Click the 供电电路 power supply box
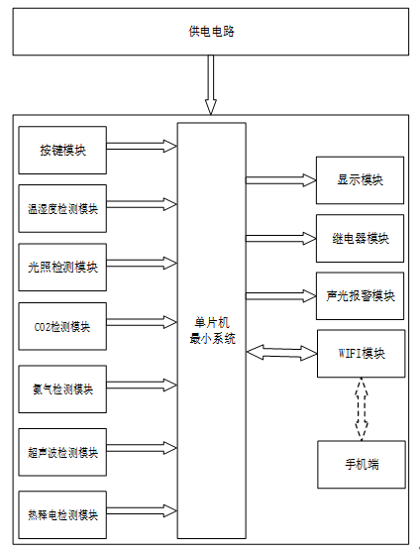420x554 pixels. tap(211, 32)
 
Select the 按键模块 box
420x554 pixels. tap(62, 151)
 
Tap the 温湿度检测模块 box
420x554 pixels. tap(62, 208)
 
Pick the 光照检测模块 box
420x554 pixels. tap(62, 268)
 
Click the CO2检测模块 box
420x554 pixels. tap(62, 326)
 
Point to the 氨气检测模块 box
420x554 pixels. tap(62, 389)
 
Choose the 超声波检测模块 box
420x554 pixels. tap(62, 452)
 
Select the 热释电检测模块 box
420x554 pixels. tap(62, 514)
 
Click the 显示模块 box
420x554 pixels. tap(360, 180)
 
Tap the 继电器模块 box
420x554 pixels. tap(360, 239)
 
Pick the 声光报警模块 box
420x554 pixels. tap(360, 296)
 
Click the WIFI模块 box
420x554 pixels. tap(361, 354)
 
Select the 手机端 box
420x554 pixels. tap(362, 464)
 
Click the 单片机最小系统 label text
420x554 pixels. tap(212, 331)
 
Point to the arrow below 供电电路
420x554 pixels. tap(211, 85)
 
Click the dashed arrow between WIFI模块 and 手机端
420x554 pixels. tap(361, 408)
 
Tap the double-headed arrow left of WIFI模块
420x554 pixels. tap(281, 353)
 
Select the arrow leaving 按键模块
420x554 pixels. tap(142, 146)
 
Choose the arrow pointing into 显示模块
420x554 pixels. tap(280, 180)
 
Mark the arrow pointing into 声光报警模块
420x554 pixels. tap(280, 295)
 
